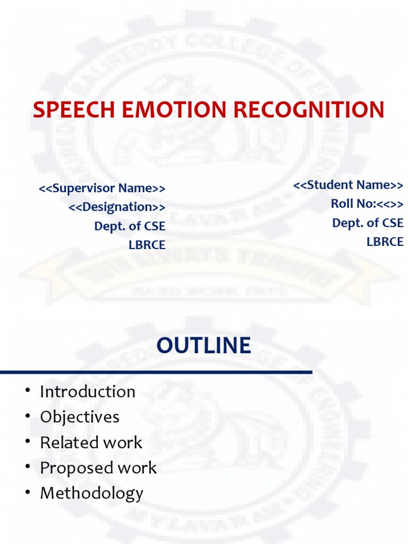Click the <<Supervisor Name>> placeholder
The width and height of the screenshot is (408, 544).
coord(102,188)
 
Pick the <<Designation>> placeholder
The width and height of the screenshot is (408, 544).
coord(117,207)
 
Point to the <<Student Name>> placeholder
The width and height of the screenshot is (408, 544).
coord(348,185)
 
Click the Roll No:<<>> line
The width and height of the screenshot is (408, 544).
coord(367,203)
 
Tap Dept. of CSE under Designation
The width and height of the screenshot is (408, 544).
coord(130,226)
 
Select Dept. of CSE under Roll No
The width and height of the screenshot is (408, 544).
coord(368,223)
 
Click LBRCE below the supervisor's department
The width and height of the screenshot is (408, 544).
coord(147,245)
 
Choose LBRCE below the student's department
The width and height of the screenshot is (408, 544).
coord(385,242)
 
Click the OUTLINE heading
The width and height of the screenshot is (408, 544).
coord(203,346)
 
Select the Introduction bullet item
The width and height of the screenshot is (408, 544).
coord(88,392)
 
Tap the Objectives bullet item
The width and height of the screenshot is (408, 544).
coord(80,417)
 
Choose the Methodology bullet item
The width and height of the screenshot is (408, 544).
coord(91,494)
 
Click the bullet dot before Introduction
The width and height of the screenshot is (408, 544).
coord(27,392)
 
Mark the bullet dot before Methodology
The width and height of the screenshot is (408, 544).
coord(27,494)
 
